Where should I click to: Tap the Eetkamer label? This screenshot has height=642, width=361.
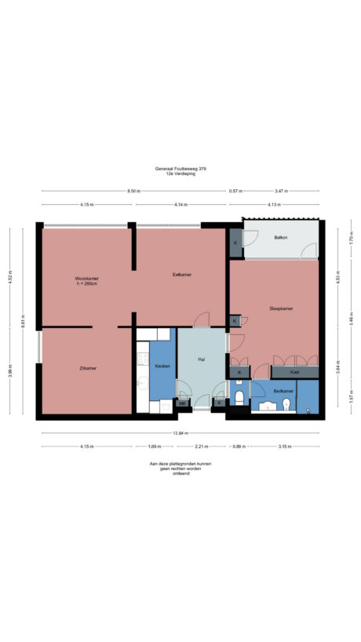point(182,275)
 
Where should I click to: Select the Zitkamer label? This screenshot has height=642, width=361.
point(87,367)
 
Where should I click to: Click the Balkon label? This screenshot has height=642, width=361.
point(280,236)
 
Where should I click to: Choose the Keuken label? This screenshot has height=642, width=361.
point(162,367)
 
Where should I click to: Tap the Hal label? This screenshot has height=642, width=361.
point(202,359)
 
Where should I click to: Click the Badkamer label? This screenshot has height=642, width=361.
point(283,390)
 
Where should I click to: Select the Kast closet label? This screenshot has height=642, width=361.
point(294,372)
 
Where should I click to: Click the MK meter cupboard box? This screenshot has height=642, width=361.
point(182,403)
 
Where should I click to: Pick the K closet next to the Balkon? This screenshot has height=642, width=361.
point(235,244)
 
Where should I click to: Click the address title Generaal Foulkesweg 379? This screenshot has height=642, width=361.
point(180,169)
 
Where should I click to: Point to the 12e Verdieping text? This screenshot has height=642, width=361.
point(180,174)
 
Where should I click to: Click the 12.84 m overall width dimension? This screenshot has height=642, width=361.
point(180,432)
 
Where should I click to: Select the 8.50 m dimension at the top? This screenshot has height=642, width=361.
point(135,191)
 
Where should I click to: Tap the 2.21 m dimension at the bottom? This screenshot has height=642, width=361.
point(201,446)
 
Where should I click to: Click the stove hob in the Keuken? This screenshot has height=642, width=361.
point(142,361)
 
